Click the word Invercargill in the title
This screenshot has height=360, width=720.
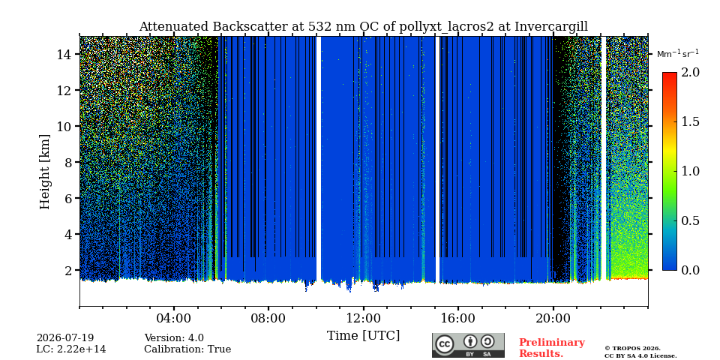coord(551,27)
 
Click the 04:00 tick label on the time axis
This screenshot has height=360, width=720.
coord(174,318)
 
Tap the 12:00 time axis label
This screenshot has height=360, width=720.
coord(363,318)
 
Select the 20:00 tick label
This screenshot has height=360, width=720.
coord(553,318)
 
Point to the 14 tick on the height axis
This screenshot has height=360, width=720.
coord(66,54)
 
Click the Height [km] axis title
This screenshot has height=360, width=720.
coord(44,172)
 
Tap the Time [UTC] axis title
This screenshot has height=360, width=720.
coord(363,336)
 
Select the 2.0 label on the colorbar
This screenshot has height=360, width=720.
coord(691,73)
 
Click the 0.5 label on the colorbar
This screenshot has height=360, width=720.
coord(691,220)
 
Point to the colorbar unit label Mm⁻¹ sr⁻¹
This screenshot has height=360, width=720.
coord(678,54)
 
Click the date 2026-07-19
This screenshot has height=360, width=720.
coord(65,338)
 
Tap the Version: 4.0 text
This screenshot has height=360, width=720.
coord(174,338)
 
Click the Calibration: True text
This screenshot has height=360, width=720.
coord(187,349)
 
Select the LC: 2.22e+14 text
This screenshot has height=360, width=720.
coord(71,349)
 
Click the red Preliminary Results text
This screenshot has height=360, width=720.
coord(552,348)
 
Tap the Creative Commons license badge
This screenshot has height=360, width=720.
coord(468,345)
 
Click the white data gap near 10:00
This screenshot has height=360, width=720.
coord(319,158)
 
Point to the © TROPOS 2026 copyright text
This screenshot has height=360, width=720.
coord(633,349)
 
